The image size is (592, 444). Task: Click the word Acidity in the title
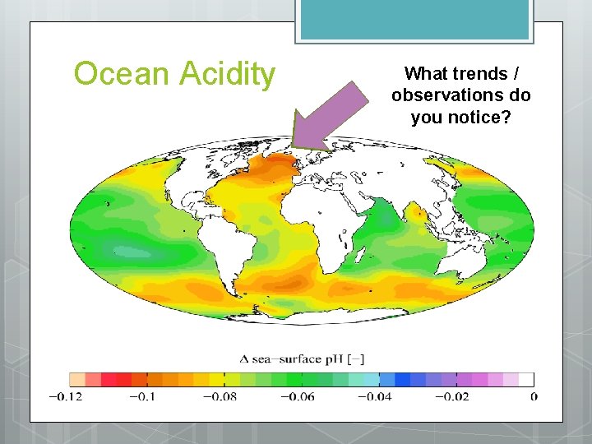coord(224,74)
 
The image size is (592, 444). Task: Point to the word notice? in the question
coord(485,118)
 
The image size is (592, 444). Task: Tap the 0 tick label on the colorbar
coord(534,397)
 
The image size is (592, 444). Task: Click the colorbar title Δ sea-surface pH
coord(302,358)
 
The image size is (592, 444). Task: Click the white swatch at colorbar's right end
coord(526,380)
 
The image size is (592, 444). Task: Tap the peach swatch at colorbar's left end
coord(77,380)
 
